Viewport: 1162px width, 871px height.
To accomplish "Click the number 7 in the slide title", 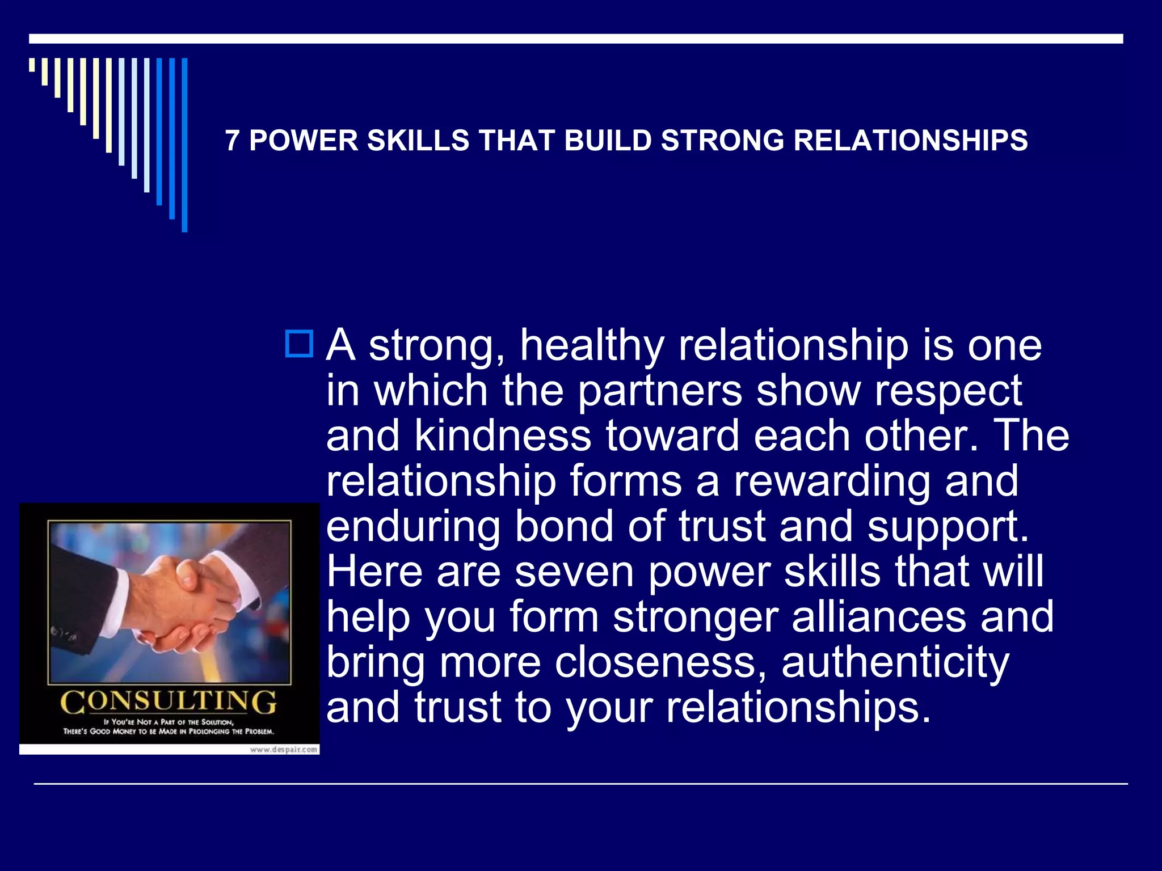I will (231, 141).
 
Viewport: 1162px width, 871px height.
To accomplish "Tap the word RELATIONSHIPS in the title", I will (910, 141).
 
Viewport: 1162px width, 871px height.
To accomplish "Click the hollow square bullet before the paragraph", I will (299, 344).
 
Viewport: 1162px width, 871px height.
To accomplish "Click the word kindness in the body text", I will (503, 436).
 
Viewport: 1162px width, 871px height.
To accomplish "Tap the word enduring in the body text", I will (413, 527).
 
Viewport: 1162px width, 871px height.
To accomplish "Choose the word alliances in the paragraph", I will (879, 617).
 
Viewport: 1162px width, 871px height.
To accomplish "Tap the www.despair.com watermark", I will (284, 750).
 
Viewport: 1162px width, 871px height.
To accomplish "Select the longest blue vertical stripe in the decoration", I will (184, 145).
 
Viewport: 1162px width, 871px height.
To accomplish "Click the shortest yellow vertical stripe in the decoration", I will (32, 65).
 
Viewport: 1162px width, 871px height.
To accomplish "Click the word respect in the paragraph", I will (948, 391).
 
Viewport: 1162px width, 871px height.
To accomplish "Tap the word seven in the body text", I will (574, 572).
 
